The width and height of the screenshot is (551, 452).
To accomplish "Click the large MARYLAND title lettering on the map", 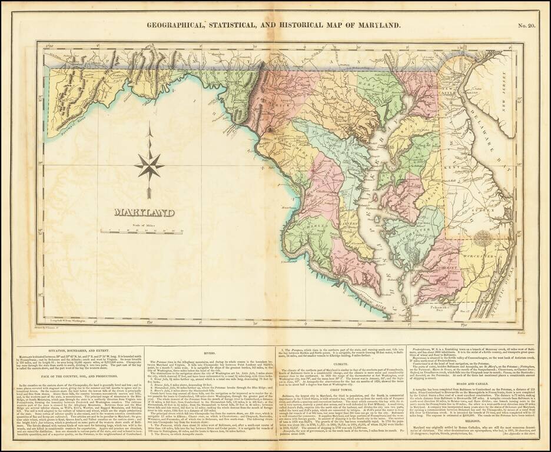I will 144,212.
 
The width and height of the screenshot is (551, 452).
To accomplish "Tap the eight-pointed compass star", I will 150,165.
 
